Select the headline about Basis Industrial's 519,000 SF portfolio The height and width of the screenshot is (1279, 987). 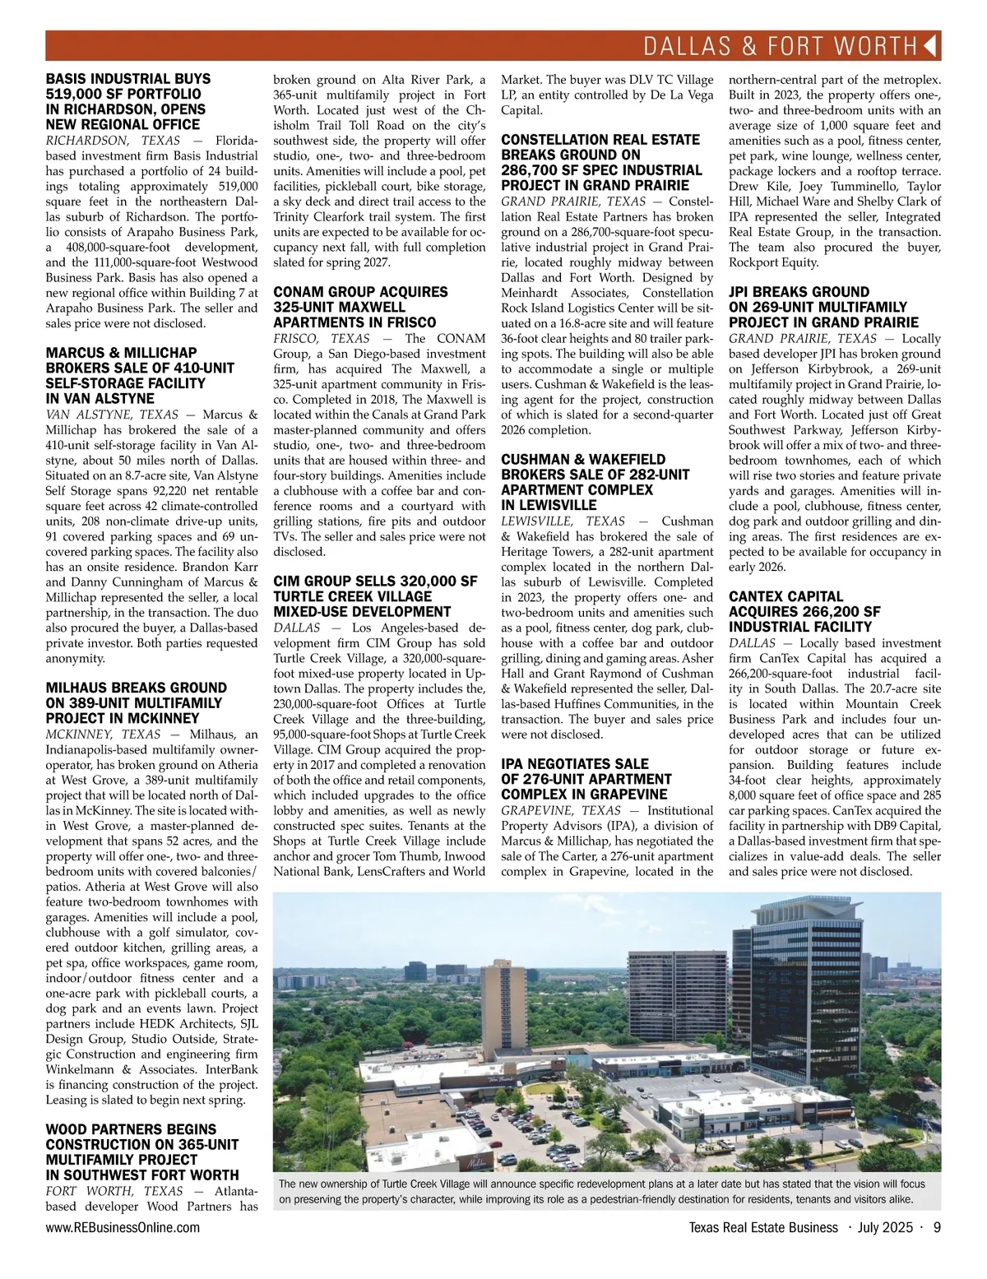[x=127, y=101]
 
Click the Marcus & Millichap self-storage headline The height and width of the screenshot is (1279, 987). [x=140, y=375]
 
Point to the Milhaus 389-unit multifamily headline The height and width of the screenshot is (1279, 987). [x=136, y=702]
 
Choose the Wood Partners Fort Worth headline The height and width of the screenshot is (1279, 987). [x=142, y=1152]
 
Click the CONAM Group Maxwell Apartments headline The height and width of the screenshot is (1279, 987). [x=360, y=307]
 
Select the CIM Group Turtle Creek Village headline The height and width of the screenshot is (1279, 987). [x=374, y=595]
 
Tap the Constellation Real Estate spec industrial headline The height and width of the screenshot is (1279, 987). [x=601, y=162]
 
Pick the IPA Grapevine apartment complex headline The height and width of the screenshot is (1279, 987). [x=586, y=778]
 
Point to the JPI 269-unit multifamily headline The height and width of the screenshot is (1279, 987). [x=823, y=307]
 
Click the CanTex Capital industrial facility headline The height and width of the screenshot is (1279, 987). [x=804, y=611]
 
